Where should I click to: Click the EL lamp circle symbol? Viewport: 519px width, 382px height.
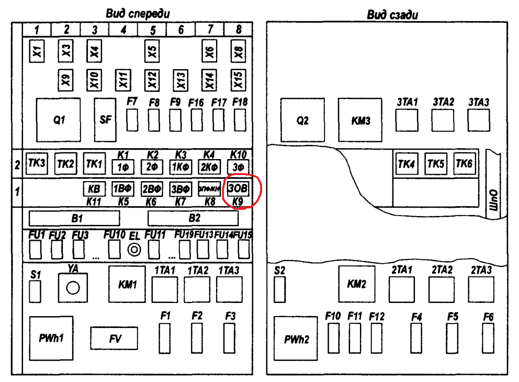coord(135,250)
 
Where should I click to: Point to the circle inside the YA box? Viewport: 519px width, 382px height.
coord(73,288)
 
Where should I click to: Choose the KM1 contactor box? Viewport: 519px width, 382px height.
coord(127,285)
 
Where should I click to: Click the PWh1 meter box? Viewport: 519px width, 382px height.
coord(51,338)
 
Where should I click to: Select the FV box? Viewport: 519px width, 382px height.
coord(114,339)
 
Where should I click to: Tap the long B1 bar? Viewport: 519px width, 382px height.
coord(74,218)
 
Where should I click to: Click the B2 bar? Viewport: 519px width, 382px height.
coord(193,218)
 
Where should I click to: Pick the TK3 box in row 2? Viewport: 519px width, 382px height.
coord(36,163)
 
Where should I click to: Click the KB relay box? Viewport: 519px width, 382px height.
coord(94,189)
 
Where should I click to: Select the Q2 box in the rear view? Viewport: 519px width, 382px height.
coord(303,120)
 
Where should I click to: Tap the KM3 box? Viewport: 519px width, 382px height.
coord(361,120)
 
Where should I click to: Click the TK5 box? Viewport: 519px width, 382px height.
coord(435,164)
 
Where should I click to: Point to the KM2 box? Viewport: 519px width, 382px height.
coord(357,284)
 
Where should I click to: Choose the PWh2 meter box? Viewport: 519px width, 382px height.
coord(297,338)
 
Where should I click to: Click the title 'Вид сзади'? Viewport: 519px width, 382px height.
coord(392,15)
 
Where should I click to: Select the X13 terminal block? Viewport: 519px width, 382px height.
coord(180,80)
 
